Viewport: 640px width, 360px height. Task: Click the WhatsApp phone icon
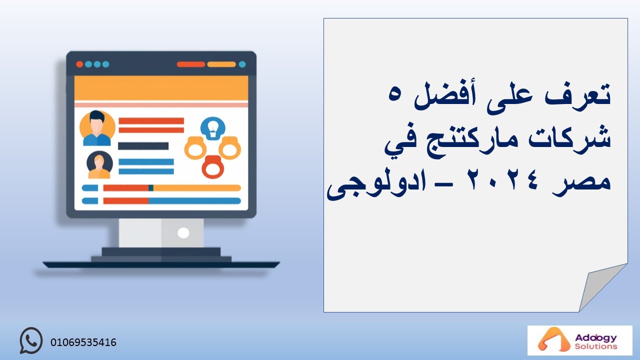click(31, 340)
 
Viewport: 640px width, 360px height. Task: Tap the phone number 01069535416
click(83, 342)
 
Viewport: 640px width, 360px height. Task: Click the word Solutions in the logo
click(596, 346)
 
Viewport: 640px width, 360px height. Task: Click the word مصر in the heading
click(581, 183)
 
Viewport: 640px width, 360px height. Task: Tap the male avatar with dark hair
click(97, 128)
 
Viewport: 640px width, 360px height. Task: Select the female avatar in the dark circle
click(99, 165)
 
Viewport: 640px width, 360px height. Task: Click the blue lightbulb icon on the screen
click(213, 128)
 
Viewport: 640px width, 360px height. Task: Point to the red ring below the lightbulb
click(212, 167)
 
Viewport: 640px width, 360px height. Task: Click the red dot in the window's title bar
click(79, 64)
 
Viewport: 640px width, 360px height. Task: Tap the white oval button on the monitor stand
click(183, 233)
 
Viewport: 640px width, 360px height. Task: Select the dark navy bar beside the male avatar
click(143, 146)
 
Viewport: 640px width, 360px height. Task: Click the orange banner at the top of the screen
click(161, 88)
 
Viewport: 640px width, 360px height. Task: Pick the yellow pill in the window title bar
click(221, 64)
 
